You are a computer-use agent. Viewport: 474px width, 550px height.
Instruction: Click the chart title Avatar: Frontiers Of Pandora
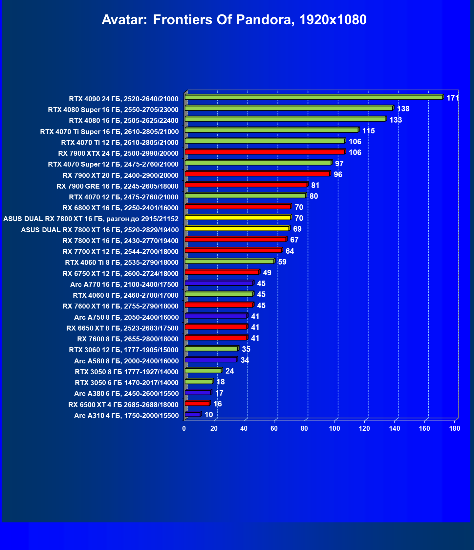coord(234,20)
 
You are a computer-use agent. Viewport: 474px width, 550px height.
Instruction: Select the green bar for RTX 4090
coord(313,97)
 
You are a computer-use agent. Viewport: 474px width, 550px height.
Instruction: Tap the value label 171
coord(452,98)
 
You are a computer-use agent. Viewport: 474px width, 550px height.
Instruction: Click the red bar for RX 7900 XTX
coord(265,152)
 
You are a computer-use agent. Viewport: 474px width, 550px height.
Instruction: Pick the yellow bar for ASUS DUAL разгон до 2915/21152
coord(238,218)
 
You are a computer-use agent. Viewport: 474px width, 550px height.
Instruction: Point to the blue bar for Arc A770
coord(219,283)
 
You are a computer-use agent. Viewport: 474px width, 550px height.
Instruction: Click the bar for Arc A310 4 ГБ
coord(193,414)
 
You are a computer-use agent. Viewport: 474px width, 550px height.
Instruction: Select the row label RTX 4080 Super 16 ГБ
coord(113,110)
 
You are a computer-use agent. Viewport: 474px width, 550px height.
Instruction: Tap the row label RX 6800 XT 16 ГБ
coord(120,208)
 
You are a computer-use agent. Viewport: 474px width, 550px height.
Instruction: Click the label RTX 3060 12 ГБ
coord(124,350)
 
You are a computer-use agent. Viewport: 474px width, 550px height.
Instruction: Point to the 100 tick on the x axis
coord(334,428)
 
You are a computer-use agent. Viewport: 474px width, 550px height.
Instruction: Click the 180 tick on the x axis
coord(455,428)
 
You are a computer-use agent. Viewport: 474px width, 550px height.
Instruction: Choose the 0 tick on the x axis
coord(184,428)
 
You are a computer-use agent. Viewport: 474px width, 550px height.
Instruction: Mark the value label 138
coord(403,109)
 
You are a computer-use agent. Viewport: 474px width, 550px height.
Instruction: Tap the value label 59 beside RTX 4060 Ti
coord(282,262)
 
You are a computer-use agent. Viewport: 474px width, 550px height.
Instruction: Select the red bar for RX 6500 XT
coord(197,403)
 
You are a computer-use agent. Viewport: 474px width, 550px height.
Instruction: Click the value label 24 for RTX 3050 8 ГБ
coord(230,371)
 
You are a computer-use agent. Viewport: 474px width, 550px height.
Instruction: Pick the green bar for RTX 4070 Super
coord(258,163)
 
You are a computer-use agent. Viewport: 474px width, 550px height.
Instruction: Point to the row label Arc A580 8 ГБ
coord(126,361)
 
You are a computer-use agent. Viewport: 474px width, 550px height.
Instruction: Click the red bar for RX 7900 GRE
coord(246,185)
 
